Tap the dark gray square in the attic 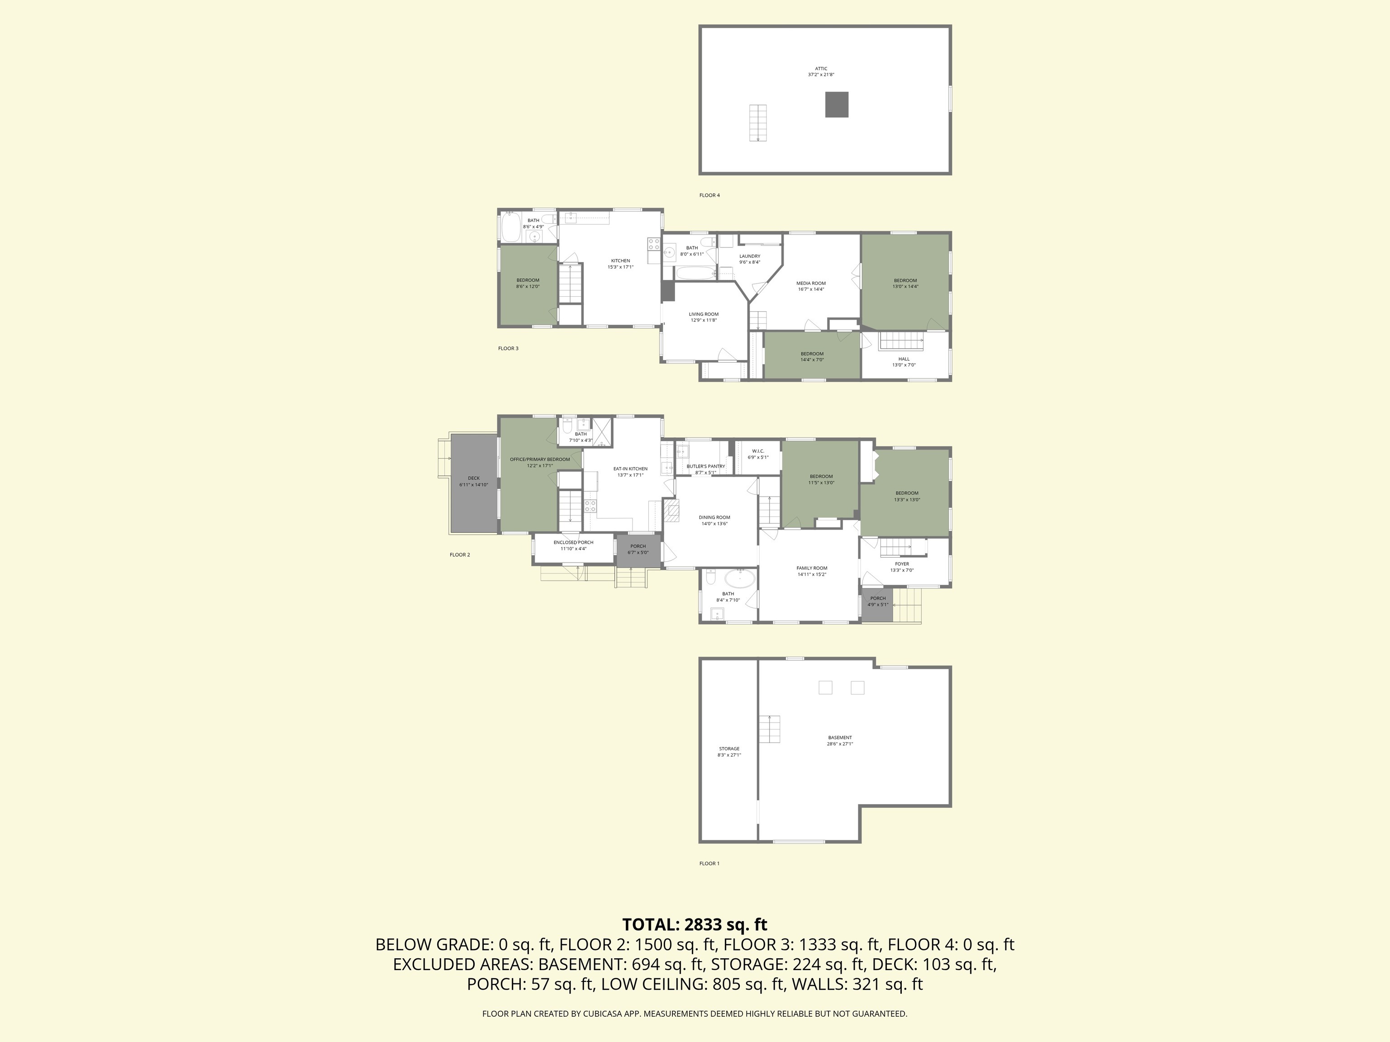[x=836, y=104]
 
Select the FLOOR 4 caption [x=709, y=195]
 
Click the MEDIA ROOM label [x=811, y=283]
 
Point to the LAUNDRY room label [x=750, y=256]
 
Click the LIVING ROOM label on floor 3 [x=703, y=314]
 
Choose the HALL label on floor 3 [x=904, y=359]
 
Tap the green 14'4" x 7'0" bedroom [x=812, y=356]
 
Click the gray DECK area [x=473, y=481]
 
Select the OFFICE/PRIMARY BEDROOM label [x=540, y=459]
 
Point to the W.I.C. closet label [x=758, y=451]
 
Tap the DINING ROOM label [x=714, y=517]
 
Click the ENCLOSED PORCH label [x=573, y=543]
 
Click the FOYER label [x=902, y=564]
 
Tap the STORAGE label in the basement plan [x=729, y=748]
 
